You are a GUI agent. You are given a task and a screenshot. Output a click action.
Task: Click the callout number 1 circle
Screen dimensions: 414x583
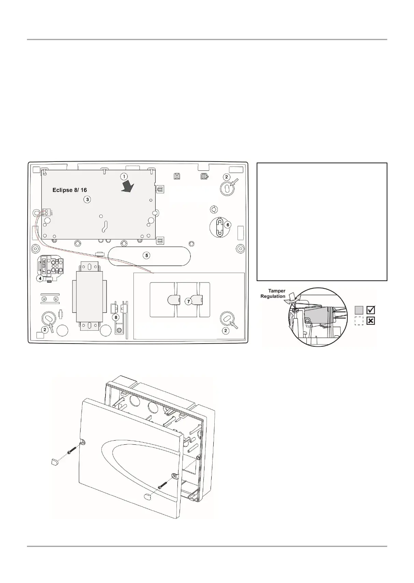(124, 177)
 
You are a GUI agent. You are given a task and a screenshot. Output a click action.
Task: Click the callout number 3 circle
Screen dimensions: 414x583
(87, 199)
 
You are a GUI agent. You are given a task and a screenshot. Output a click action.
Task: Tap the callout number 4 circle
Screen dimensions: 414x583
(40, 279)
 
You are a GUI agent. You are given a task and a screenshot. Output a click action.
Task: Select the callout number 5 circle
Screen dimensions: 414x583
(146, 255)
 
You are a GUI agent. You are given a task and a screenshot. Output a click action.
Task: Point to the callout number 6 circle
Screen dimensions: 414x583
(228, 225)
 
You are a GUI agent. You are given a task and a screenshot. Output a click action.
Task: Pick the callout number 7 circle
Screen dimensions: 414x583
(188, 302)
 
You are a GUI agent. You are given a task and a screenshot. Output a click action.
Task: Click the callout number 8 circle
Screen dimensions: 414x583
(116, 317)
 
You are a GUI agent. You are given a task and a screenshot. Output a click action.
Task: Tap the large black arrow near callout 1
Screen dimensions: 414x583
(129, 187)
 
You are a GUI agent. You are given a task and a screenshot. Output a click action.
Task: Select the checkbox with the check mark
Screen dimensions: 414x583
(371, 310)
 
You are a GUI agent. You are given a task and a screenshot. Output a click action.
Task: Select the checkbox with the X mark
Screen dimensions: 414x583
(371, 321)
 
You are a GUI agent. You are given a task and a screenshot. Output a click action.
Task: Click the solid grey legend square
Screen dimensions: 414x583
(359, 310)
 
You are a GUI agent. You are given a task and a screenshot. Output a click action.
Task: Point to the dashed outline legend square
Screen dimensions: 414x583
(359, 321)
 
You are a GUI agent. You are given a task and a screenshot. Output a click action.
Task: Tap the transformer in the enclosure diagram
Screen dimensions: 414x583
(89, 296)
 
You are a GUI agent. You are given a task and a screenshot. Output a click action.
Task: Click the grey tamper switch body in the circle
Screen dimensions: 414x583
(318, 315)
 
